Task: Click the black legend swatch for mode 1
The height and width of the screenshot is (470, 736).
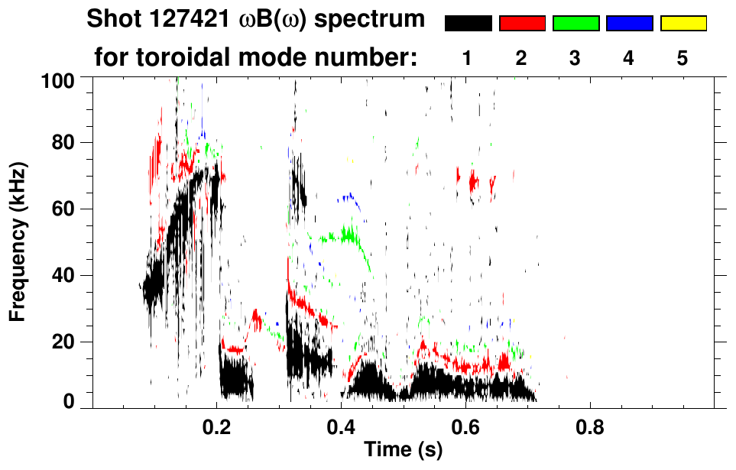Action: click(x=468, y=24)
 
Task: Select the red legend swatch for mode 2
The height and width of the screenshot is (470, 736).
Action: click(x=522, y=24)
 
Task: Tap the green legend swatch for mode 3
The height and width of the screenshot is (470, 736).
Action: click(x=576, y=24)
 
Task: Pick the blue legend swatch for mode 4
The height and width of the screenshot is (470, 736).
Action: click(x=629, y=24)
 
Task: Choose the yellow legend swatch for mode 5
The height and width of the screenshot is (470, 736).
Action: click(x=683, y=24)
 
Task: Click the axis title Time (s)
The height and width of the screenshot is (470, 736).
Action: click(x=403, y=451)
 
